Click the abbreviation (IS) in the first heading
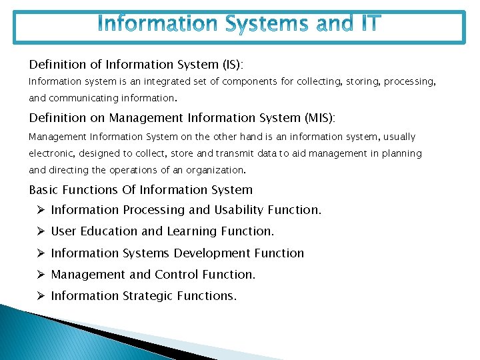(231, 65)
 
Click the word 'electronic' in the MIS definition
(52, 153)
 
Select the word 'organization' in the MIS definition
(218, 170)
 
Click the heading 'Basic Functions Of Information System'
(141, 190)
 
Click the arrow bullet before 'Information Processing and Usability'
(40, 210)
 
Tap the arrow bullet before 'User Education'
(40, 231)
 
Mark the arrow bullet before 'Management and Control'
(40, 275)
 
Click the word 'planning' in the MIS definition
(403, 153)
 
